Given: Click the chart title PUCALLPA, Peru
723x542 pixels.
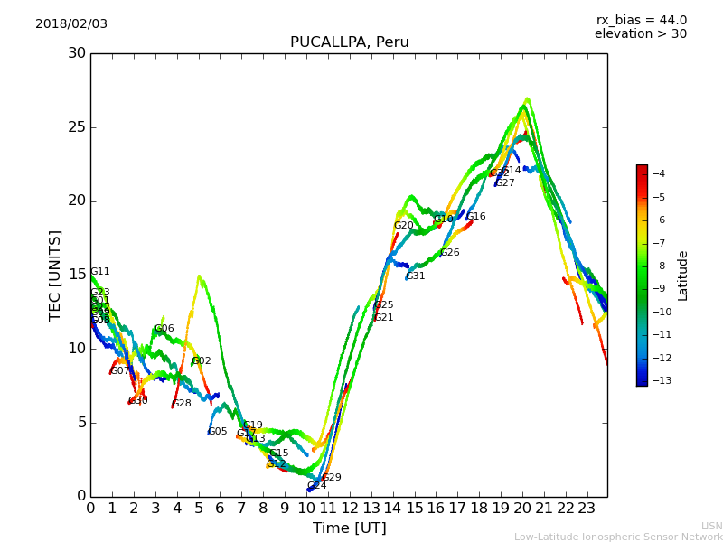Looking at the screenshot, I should (349, 42).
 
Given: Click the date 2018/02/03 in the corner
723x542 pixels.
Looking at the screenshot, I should (71, 24).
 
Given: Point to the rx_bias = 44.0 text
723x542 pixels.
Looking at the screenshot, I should (641, 21).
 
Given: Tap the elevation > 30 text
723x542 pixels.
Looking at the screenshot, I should (640, 34).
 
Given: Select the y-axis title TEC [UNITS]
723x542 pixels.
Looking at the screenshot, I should (55, 275).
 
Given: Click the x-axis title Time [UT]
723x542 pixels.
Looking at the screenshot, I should (349, 528).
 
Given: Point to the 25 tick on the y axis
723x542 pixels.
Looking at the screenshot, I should (77, 127).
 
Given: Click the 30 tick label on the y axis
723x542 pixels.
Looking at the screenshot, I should (77, 53).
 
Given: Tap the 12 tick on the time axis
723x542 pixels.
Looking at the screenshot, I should (349, 508).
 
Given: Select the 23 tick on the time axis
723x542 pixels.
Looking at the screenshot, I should (587, 508).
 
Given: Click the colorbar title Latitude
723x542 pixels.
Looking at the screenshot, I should (683, 276).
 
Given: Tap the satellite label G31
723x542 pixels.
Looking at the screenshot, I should (416, 276).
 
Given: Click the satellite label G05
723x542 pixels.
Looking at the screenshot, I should (218, 432).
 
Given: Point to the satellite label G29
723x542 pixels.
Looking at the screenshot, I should (332, 478).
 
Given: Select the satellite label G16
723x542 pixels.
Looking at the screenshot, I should (476, 217).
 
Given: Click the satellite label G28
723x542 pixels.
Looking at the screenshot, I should (182, 404).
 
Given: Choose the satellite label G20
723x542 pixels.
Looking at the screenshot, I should (403, 226).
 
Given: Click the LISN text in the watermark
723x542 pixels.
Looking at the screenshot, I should (711, 526).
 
